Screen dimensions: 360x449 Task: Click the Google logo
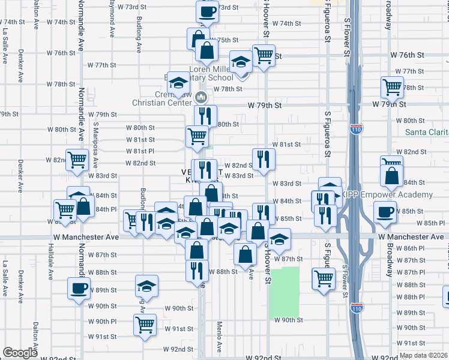point(20,353)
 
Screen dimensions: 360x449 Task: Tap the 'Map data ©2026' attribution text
point(423,355)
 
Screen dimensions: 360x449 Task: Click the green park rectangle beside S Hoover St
point(284,292)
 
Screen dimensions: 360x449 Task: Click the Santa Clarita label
point(427,132)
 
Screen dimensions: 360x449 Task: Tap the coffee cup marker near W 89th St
point(79,289)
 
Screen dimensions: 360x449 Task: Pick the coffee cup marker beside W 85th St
point(385,211)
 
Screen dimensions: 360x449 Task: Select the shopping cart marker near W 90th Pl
point(145,325)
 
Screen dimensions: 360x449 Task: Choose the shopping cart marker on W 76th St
point(264,56)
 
